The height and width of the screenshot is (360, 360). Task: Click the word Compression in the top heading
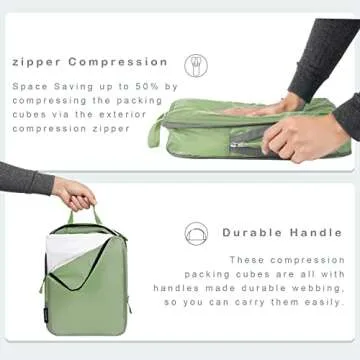(x=118, y=61)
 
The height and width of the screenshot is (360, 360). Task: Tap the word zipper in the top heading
(x=37, y=61)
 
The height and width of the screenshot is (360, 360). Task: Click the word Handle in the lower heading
(x=314, y=232)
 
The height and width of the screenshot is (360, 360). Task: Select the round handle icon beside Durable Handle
(x=196, y=234)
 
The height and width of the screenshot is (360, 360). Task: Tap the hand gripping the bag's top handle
(x=75, y=193)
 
